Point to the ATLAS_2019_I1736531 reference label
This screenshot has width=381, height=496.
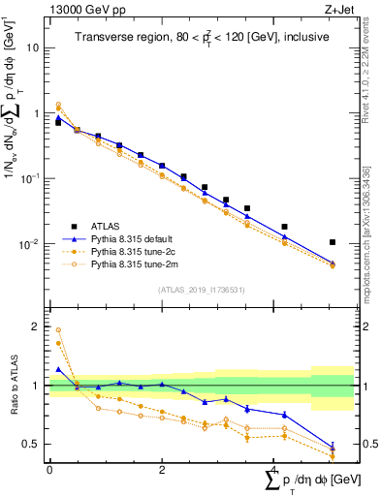[193, 290]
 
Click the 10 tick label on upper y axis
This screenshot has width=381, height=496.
[33, 47]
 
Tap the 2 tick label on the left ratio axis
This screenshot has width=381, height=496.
[35, 326]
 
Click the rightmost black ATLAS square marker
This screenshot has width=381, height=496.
[333, 242]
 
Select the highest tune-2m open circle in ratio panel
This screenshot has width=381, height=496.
[58, 330]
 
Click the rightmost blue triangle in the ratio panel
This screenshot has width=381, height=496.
[333, 447]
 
